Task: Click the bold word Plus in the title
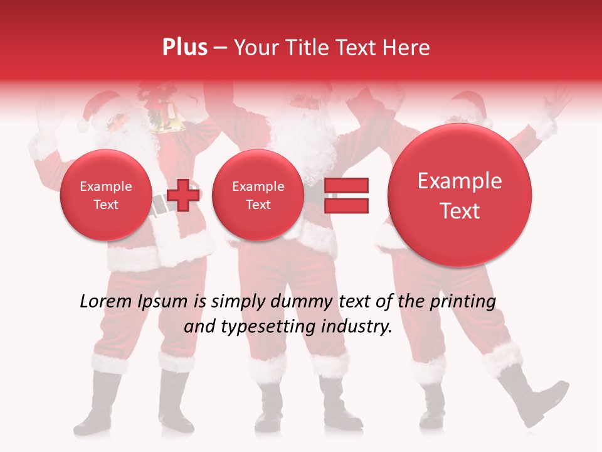[x=184, y=48]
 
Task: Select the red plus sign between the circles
[x=183, y=195]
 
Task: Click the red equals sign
[x=346, y=195]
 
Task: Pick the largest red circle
[x=460, y=195]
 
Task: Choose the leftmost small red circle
[x=106, y=195]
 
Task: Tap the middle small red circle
[x=258, y=195]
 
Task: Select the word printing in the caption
[x=462, y=301]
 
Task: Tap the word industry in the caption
[x=359, y=327]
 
